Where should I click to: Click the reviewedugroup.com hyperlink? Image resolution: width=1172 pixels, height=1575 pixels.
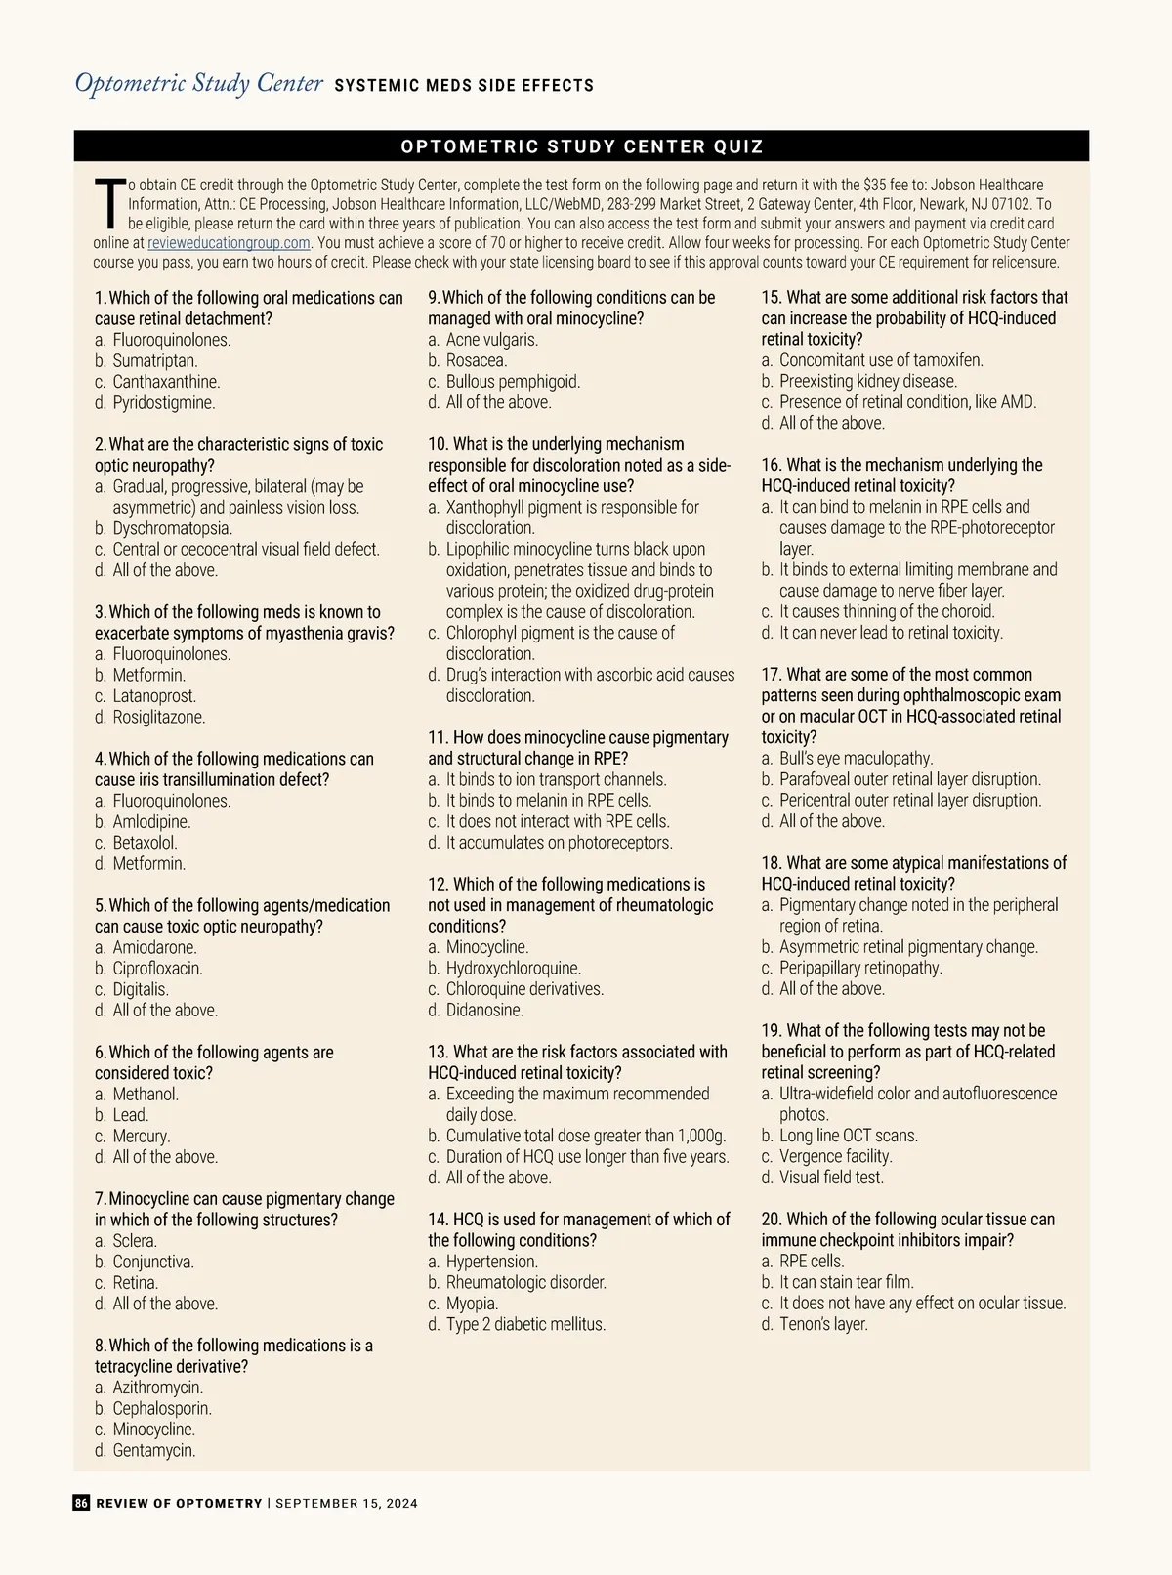[x=229, y=243]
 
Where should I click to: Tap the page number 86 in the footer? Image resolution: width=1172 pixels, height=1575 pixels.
[x=81, y=1503]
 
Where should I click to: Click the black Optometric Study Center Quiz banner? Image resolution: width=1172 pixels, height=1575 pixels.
[x=582, y=146]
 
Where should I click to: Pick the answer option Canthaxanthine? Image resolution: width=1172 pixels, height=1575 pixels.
[x=166, y=382]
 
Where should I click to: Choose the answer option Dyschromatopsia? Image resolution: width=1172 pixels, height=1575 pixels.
[x=172, y=528]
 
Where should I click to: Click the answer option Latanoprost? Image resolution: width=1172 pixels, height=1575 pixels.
[x=154, y=696]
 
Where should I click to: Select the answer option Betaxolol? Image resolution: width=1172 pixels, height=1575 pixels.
[x=145, y=843]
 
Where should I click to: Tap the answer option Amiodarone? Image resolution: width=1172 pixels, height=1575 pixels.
[x=154, y=947]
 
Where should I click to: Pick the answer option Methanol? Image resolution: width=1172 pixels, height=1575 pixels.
[x=146, y=1094]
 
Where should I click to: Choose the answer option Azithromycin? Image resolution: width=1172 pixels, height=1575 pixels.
[x=157, y=1388]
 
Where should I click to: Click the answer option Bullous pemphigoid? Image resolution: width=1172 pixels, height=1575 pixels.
[x=513, y=382]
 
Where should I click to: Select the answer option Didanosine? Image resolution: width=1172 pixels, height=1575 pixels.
[x=484, y=1011]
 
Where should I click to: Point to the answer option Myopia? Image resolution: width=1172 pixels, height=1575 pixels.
[x=472, y=1304]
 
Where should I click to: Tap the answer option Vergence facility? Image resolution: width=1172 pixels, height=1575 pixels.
[x=835, y=1156]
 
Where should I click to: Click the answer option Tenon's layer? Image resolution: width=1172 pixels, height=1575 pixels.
[x=823, y=1324]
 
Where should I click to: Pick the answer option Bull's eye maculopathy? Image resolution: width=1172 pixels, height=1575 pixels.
[x=856, y=759]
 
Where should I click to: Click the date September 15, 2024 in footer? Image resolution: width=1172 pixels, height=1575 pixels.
[x=347, y=1504]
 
